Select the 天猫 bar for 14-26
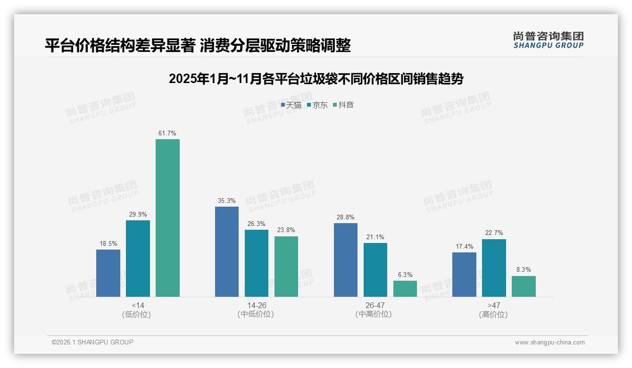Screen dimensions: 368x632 [x=227, y=251]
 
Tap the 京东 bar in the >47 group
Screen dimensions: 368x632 [x=494, y=268]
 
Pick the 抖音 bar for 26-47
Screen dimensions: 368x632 [x=405, y=289]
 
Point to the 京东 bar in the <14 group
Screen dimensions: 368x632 [x=138, y=259]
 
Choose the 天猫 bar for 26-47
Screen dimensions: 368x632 [x=346, y=260]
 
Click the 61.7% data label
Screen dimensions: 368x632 [x=167, y=134]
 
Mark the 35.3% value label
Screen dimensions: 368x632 [x=227, y=201]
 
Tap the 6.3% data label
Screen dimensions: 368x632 [x=405, y=275]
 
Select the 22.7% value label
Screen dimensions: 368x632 [x=494, y=233]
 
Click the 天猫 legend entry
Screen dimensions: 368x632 [x=291, y=105]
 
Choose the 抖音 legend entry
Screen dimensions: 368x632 [x=343, y=105]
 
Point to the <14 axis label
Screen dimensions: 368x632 [x=138, y=306]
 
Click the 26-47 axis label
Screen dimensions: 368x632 [x=375, y=306]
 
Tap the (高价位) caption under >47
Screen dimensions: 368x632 [x=493, y=315]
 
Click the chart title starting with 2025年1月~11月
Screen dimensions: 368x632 [x=316, y=79]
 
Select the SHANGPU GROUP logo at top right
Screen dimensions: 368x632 [x=548, y=40]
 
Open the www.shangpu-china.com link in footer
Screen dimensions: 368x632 [x=549, y=343]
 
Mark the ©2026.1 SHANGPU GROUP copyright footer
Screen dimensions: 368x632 [x=92, y=342]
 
